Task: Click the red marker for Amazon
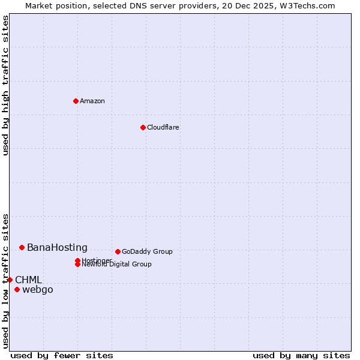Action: click(x=76, y=101)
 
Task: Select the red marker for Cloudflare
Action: click(x=143, y=127)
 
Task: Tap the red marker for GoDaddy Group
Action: click(x=118, y=251)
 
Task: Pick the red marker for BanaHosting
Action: click(x=22, y=247)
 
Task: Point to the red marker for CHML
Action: click(x=10, y=280)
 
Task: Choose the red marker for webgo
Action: click(x=17, y=290)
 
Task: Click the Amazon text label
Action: click(x=92, y=101)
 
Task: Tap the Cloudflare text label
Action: click(x=163, y=127)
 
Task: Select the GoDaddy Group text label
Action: click(x=147, y=251)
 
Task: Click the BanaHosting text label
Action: click(x=57, y=247)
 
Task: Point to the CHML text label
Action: click(x=28, y=280)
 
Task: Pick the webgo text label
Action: click(x=38, y=290)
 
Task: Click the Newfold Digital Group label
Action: click(x=117, y=264)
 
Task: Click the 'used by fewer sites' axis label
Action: click(x=62, y=355)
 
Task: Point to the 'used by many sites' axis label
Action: click(x=301, y=355)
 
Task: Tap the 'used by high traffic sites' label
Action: click(x=5, y=85)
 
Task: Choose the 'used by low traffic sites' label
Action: click(x=5, y=280)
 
